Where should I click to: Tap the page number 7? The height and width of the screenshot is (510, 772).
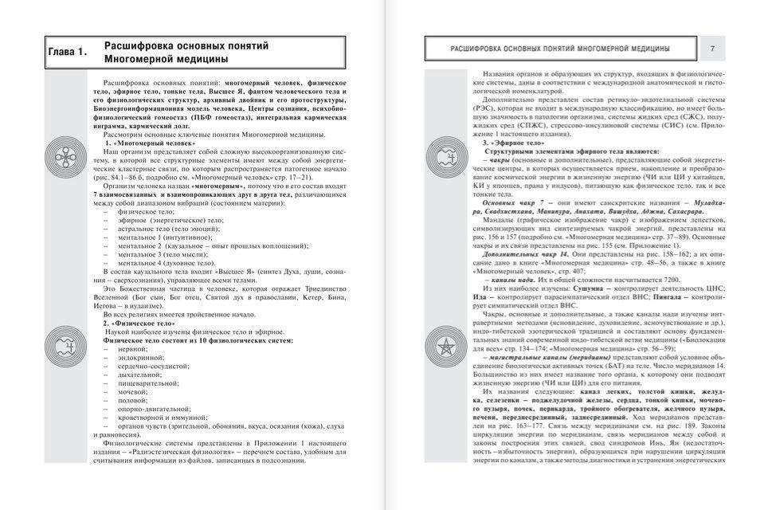tap(712, 49)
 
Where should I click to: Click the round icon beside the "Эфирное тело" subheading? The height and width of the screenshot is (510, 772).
tap(442, 151)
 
